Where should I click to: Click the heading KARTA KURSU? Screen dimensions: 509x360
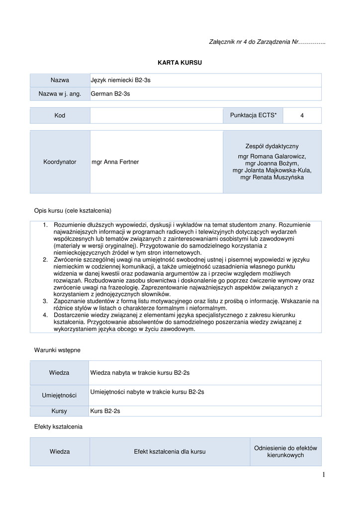pos(180,63)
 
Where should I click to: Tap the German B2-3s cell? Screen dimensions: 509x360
pos(110,93)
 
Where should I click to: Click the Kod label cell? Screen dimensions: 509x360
pos(60,115)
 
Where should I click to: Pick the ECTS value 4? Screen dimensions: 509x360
pos(302,115)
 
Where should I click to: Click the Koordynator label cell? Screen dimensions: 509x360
pos(60,162)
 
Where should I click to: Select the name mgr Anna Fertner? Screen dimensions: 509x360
pos(115,162)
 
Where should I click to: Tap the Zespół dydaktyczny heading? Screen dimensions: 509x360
pos(272,146)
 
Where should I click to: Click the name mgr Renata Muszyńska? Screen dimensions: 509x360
pos(272,177)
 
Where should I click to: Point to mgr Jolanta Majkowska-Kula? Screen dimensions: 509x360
pos(272,170)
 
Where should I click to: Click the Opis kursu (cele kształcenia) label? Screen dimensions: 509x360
pos(73,210)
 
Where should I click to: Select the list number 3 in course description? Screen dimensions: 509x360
pos(45,301)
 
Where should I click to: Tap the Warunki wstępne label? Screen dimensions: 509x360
pos(57,350)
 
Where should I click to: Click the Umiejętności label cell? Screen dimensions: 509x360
pos(60,395)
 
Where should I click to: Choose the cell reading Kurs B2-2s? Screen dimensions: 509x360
pos(105,411)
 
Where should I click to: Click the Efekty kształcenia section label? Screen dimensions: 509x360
pos(58,426)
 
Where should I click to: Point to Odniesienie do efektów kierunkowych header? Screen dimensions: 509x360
pos(285,451)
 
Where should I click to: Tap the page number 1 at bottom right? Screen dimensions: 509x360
pos(323,475)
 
